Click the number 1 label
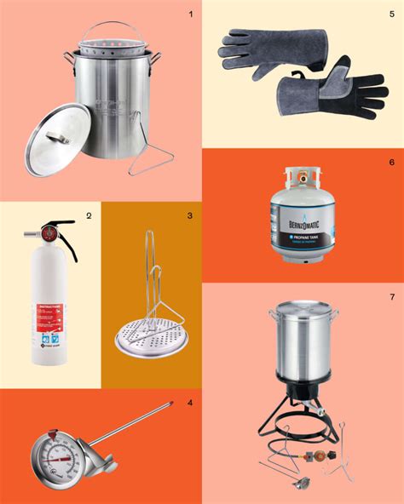pyautogui.click(x=190, y=14)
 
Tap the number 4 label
pyautogui.click(x=189, y=402)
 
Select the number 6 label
pyautogui.click(x=391, y=162)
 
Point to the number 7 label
pyautogui.click(x=391, y=296)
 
